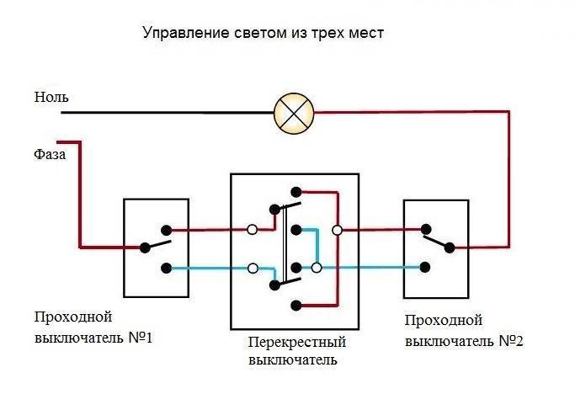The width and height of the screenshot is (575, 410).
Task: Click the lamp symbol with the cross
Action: (294, 114)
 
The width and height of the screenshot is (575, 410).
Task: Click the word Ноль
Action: (51, 97)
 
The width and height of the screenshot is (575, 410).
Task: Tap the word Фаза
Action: (50, 154)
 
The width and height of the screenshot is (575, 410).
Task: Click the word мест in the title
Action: (366, 33)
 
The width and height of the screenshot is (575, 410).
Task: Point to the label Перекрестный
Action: (297, 342)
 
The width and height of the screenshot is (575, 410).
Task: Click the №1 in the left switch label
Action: (141, 338)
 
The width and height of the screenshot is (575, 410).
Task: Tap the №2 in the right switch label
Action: (511, 341)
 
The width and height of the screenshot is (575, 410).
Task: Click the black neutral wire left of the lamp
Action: (168, 113)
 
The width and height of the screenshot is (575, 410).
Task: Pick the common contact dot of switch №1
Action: (145, 248)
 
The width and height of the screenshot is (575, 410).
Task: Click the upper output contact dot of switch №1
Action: (167, 231)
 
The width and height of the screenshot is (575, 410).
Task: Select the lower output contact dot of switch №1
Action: (167, 269)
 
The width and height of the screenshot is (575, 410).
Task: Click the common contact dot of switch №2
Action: (450, 248)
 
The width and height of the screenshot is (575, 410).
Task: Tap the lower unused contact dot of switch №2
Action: (425, 268)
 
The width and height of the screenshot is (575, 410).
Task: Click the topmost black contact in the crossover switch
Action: (296, 192)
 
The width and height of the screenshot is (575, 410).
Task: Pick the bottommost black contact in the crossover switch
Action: (296, 305)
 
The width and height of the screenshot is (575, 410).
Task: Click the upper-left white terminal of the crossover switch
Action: (253, 230)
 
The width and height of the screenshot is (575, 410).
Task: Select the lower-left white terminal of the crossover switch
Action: (253, 268)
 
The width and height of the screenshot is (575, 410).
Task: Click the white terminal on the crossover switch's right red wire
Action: (337, 231)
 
